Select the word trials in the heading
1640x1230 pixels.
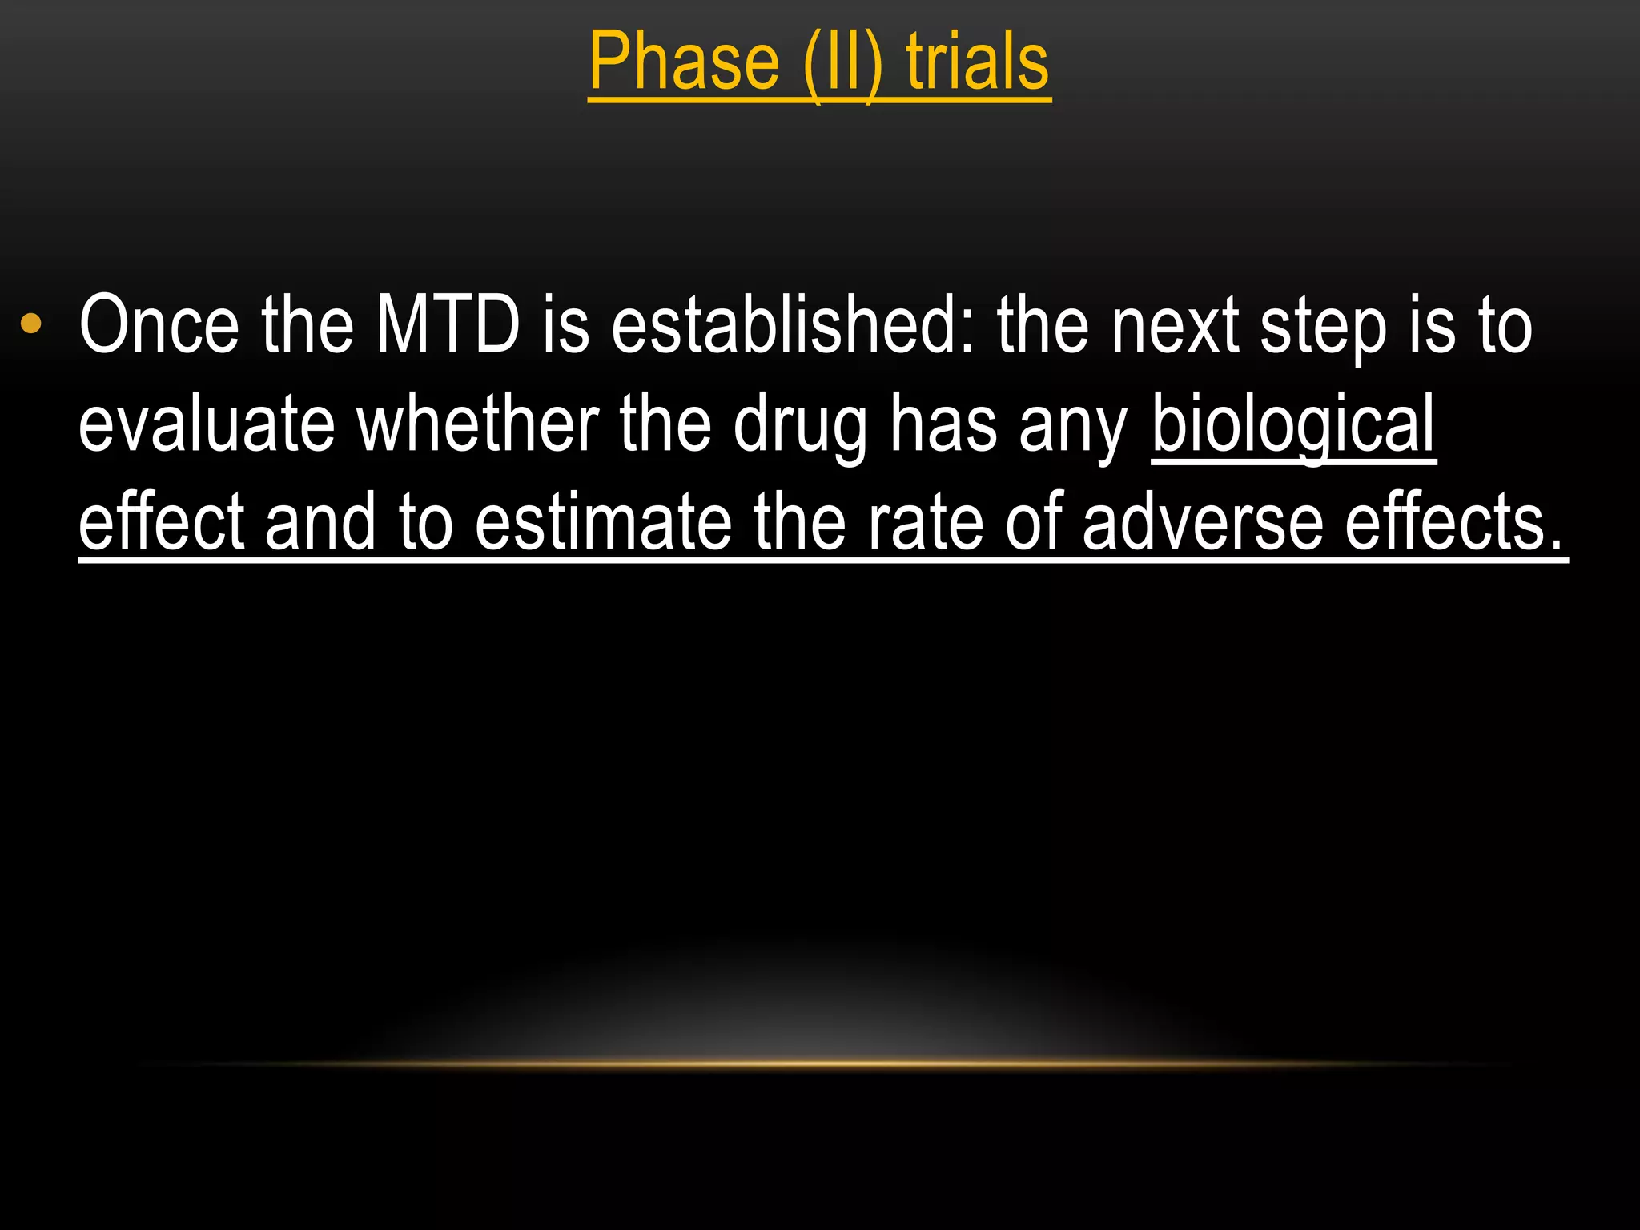978,62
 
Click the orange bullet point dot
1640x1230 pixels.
31,324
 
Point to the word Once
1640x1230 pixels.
159,325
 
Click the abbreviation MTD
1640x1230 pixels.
448,325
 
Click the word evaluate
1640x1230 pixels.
206,424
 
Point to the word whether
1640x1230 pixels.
478,424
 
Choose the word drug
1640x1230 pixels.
800,428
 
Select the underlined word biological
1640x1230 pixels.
1293,424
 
